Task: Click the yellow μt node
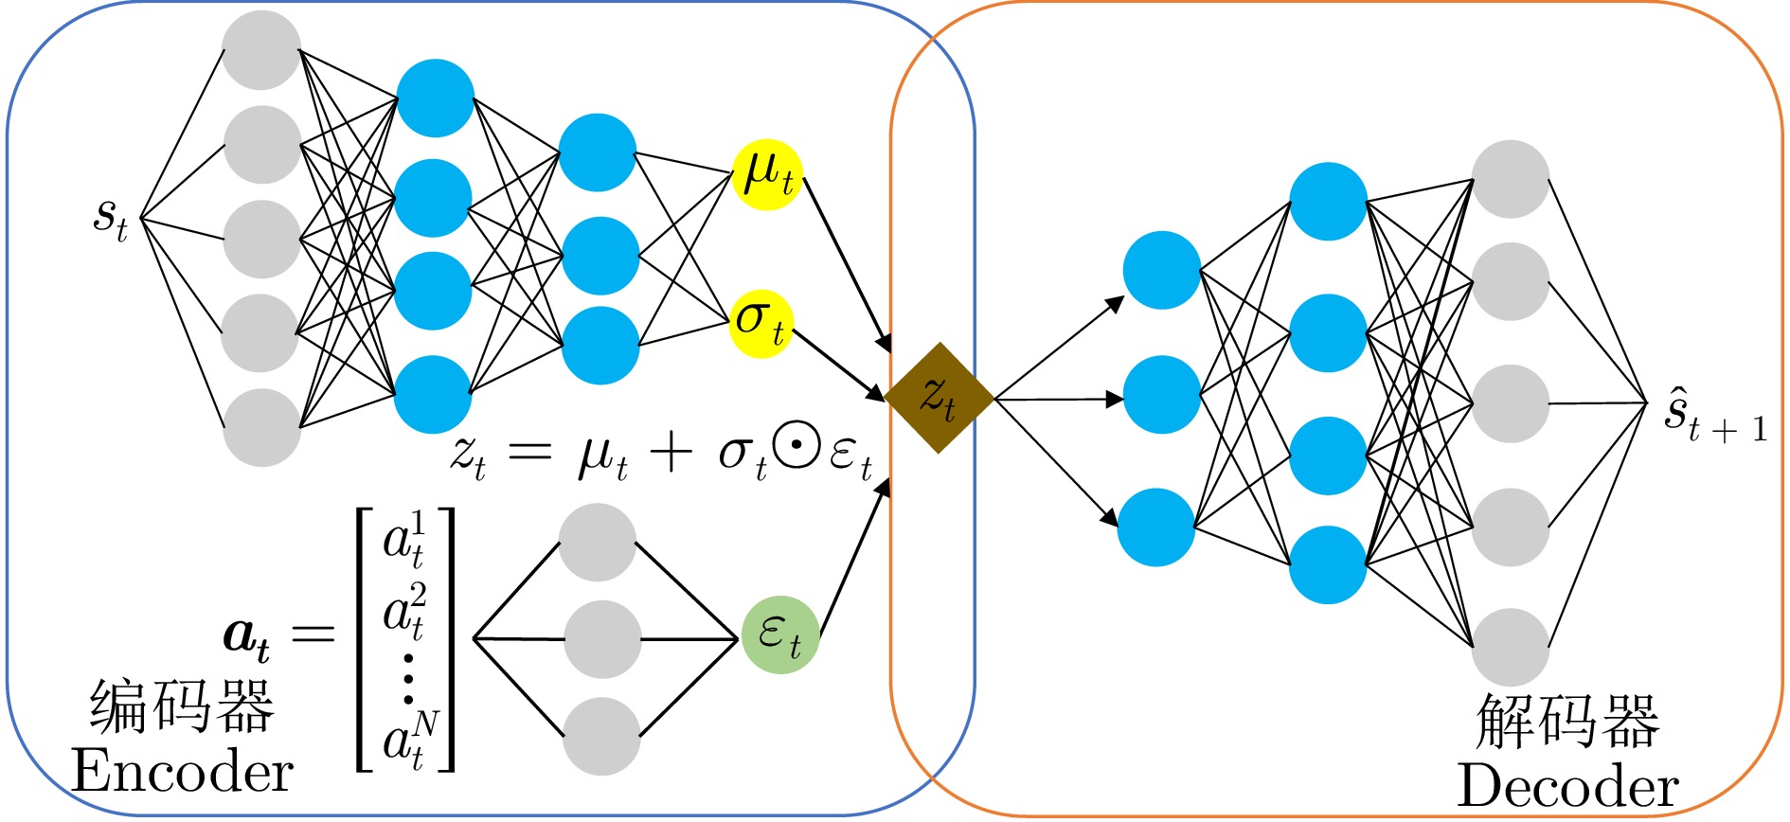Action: pos(767,174)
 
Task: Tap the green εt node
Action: pos(779,634)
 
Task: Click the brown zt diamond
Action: pos(939,398)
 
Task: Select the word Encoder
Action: pos(182,772)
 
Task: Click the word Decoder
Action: pos(1567,787)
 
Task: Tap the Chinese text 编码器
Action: pos(182,707)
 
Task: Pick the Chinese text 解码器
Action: pos(1567,722)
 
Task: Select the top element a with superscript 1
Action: pos(404,540)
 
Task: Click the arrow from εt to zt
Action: pos(852,559)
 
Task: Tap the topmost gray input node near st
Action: pos(261,49)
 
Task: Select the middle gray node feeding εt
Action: pos(602,639)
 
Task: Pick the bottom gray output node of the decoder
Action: pos(1510,648)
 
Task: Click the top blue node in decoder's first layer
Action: pos(1161,270)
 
